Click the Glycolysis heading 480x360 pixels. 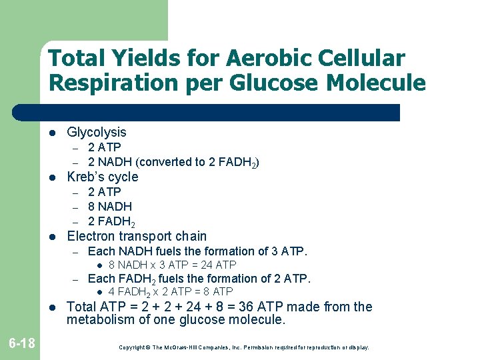97,133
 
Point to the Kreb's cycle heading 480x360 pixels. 103,177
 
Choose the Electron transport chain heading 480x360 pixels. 137,237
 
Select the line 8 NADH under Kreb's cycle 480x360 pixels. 110,207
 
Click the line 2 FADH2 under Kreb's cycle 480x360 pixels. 112,222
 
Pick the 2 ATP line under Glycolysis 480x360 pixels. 105,147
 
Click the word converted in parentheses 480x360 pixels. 166,162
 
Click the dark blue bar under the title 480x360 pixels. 220,113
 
